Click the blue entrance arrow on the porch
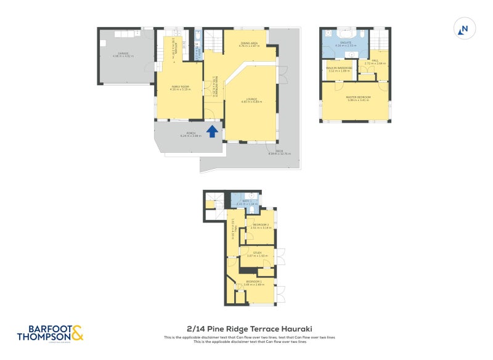[x=212, y=131]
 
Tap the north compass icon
[x=464, y=28]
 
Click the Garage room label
[x=123, y=55]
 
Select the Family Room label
[x=180, y=88]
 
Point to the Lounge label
[x=251, y=100]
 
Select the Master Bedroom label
[x=357, y=99]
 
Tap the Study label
[x=257, y=254]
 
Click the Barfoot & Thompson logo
[x=49, y=333]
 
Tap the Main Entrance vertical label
[x=214, y=80]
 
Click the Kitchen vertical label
[x=177, y=44]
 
